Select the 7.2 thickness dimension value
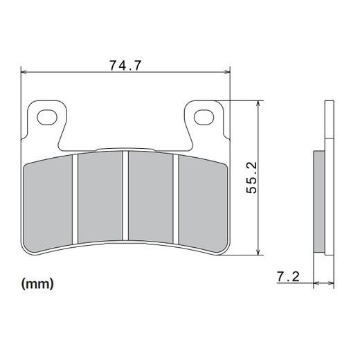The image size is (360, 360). (x=287, y=278)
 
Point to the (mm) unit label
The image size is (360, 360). (x=37, y=283)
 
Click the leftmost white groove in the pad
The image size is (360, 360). (x=75, y=199)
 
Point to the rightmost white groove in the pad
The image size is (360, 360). (x=177, y=199)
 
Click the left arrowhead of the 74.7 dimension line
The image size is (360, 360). (x=26, y=72)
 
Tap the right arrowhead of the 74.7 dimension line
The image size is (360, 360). (x=226, y=72)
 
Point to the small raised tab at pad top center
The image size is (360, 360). (x=125, y=149)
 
